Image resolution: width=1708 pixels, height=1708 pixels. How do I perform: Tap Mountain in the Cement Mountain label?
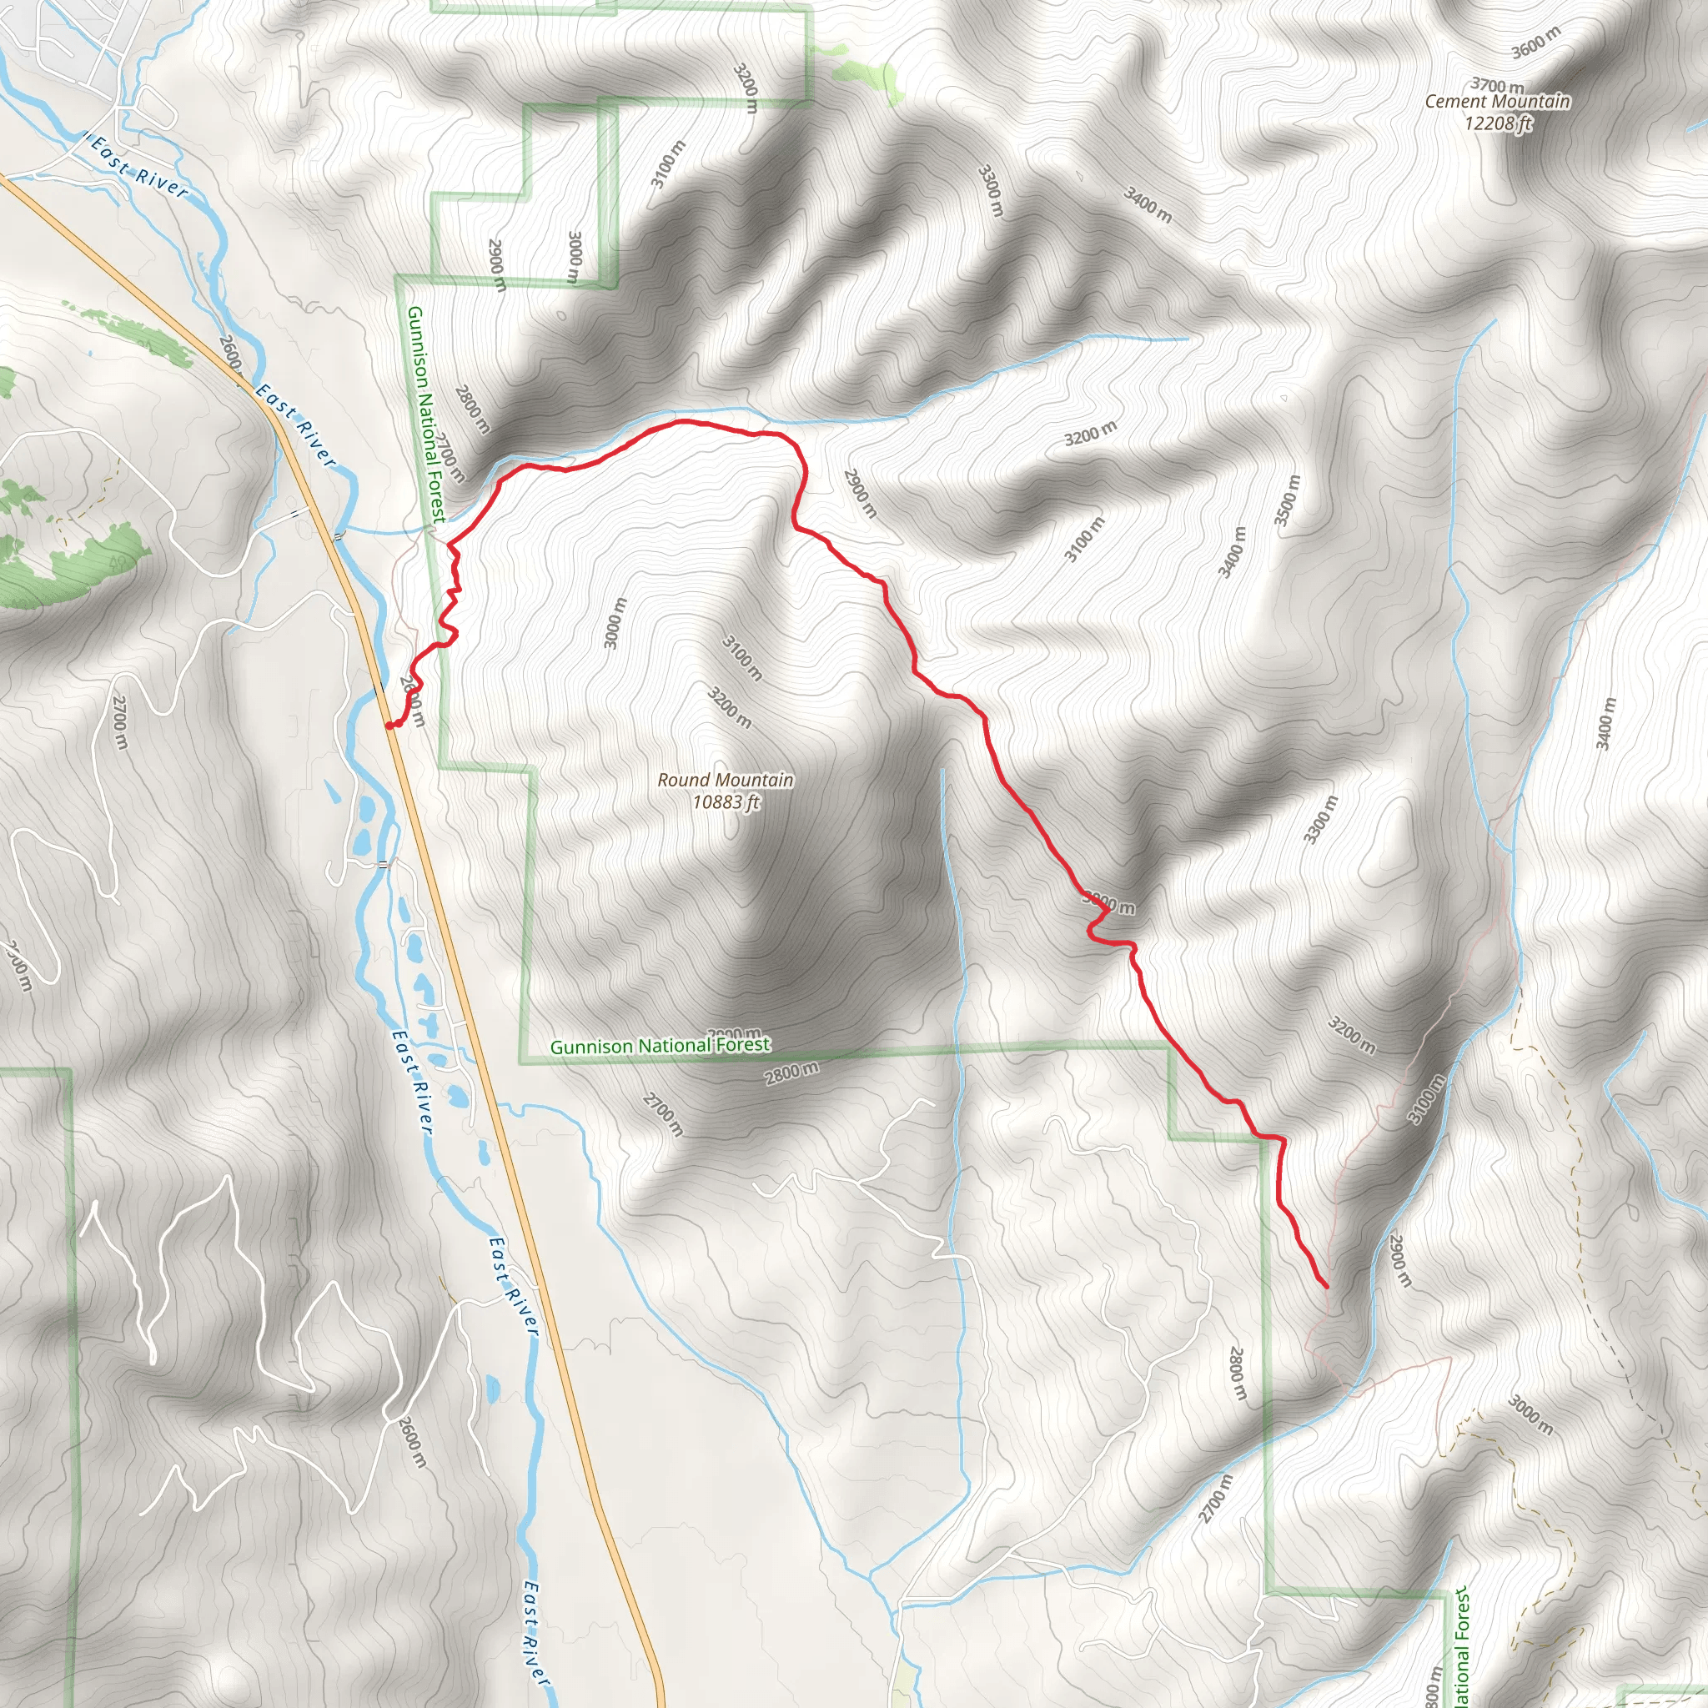(1530, 102)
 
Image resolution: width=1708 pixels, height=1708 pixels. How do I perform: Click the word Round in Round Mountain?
(683, 781)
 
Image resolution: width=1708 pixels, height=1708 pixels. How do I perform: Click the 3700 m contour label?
(1497, 86)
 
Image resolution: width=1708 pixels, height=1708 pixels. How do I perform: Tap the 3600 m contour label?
(1535, 43)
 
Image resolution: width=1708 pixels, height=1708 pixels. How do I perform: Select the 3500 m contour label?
(1287, 500)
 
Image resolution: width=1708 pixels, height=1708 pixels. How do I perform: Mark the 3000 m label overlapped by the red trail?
(1108, 902)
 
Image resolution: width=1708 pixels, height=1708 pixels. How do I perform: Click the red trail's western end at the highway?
(389, 726)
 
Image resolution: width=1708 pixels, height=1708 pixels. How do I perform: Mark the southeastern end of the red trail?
(1326, 1286)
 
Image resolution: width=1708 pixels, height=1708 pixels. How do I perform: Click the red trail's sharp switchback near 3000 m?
(1108, 911)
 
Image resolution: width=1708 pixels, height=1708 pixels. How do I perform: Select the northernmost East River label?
(139, 165)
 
